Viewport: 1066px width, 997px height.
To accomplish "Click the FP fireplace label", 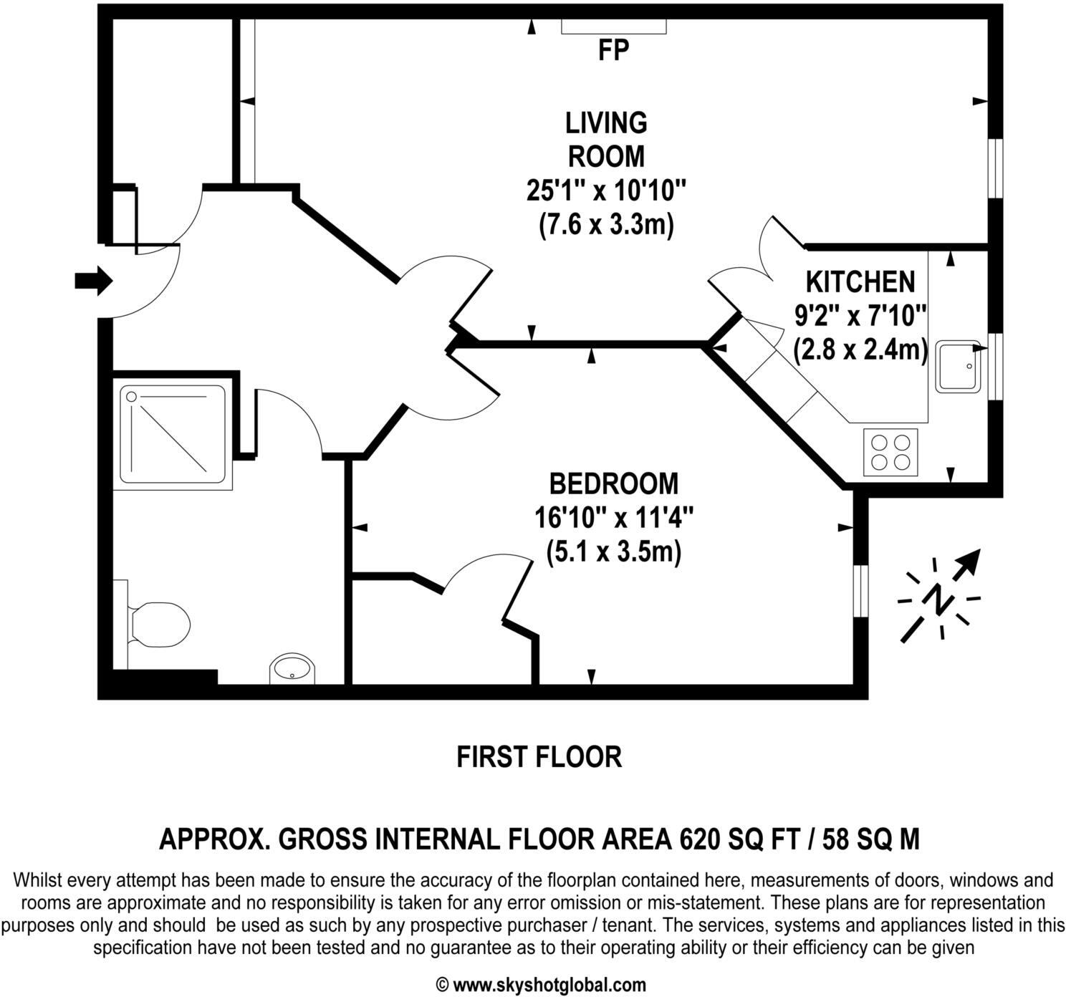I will pos(613,51).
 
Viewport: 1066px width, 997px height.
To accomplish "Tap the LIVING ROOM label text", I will pos(606,139).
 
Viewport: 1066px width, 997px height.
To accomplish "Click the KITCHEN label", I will pos(860,281).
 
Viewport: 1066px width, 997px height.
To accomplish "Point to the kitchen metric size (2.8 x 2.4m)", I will pos(860,351).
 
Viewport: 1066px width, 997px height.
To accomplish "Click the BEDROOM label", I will pos(613,483).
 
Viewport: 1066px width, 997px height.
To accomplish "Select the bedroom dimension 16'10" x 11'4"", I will pos(613,518).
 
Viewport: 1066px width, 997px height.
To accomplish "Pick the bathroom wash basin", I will pos(292,670).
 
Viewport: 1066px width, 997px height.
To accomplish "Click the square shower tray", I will pos(173,434).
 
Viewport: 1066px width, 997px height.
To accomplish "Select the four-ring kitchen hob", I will pos(890,452).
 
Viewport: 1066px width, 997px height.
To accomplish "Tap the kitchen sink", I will pos(957,366).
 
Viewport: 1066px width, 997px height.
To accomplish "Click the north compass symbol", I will pos(938,597).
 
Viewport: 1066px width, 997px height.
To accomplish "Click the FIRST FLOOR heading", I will pos(539,757).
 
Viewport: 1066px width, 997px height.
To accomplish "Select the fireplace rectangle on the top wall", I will pos(613,27).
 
